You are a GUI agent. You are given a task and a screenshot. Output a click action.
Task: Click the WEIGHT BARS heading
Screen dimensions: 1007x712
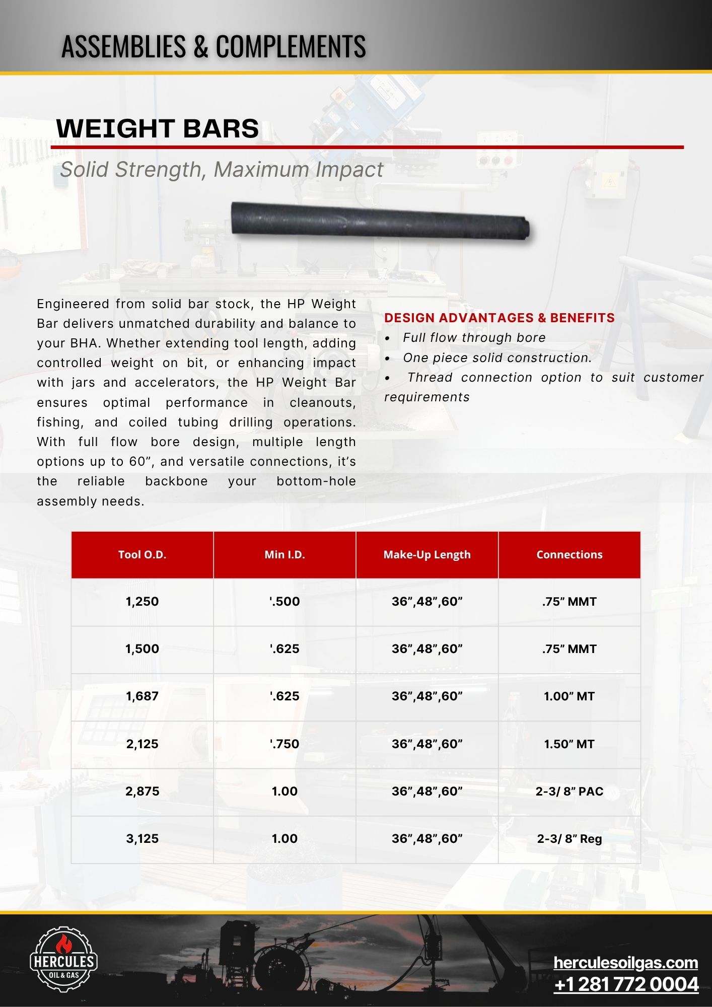(x=158, y=128)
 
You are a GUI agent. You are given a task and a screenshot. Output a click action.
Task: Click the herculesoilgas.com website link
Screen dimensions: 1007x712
(x=625, y=962)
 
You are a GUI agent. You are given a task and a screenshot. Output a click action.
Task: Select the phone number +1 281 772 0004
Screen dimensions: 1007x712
(x=626, y=984)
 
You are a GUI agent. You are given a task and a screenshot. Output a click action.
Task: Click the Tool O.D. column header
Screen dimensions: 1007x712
(x=142, y=554)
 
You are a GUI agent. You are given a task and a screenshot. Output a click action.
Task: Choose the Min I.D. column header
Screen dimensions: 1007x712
(x=284, y=554)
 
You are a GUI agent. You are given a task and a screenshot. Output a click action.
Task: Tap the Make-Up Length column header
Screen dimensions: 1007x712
(x=427, y=554)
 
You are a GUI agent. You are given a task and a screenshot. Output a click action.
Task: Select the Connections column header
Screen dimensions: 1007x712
(x=569, y=554)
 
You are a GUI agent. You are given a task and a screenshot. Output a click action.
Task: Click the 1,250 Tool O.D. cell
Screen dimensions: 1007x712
(x=142, y=601)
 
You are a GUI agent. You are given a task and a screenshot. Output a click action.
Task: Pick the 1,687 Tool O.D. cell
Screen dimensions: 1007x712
(x=142, y=696)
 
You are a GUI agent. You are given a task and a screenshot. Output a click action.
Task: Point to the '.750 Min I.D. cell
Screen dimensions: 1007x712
(x=284, y=744)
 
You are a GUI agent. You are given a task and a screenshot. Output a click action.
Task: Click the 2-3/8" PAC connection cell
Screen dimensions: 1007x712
(x=569, y=791)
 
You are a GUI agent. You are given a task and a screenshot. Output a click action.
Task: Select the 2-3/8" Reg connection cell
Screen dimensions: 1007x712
(x=569, y=838)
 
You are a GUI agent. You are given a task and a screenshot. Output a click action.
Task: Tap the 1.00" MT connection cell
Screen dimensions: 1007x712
(x=569, y=696)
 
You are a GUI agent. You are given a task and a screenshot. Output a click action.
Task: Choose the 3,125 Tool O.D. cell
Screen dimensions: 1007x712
(x=142, y=838)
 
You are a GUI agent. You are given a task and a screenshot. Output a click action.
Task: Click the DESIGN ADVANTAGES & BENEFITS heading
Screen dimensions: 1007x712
(x=499, y=318)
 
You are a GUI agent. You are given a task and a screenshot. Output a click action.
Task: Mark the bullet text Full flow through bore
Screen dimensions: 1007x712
(x=474, y=337)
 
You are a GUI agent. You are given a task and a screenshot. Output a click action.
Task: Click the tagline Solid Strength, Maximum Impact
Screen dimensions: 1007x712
(x=222, y=170)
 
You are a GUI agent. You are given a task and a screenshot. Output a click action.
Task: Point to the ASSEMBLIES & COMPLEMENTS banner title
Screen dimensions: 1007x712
(x=213, y=46)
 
